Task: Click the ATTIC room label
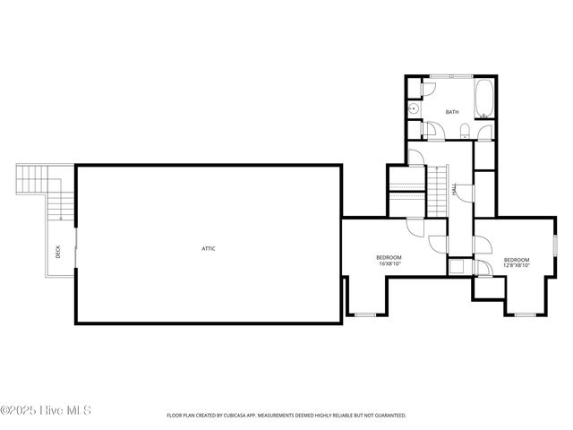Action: click(209, 248)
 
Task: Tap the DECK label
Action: click(58, 254)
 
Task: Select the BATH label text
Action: click(452, 112)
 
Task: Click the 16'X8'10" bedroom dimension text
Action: click(389, 264)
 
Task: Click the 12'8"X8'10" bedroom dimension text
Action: click(517, 264)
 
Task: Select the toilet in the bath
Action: click(463, 133)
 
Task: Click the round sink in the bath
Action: click(414, 109)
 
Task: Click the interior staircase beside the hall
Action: click(436, 190)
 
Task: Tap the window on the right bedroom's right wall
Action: click(555, 243)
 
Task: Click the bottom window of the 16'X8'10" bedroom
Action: click(363, 314)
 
